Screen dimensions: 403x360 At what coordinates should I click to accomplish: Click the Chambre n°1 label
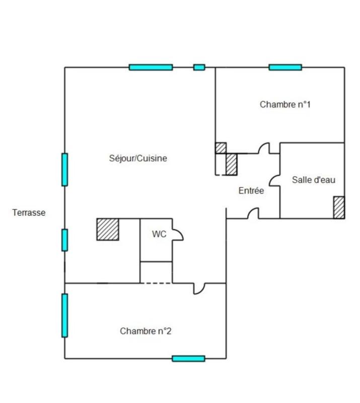(285, 105)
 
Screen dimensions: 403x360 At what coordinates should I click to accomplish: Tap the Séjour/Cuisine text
(138, 158)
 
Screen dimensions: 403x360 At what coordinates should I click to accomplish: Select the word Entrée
(251, 191)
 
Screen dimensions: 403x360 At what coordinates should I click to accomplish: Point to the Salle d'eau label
(314, 180)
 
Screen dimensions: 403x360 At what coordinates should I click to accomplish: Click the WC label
(159, 234)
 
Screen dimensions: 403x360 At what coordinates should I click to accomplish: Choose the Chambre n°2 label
(146, 331)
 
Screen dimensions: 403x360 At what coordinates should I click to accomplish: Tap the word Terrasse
(29, 213)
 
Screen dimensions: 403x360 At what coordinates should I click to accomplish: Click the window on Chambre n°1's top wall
(285, 67)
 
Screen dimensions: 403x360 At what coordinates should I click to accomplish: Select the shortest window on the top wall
(199, 67)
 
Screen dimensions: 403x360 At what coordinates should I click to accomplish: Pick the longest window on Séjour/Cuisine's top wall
(151, 67)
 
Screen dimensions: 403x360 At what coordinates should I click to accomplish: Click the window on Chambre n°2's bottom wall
(188, 358)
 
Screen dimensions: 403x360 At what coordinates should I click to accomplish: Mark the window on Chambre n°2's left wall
(64, 315)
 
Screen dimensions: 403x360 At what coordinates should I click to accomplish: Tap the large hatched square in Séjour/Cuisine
(108, 229)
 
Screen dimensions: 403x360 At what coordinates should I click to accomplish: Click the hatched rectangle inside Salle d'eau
(339, 207)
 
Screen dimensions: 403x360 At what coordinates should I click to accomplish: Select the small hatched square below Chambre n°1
(221, 148)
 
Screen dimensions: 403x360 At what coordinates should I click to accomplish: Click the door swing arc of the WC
(178, 234)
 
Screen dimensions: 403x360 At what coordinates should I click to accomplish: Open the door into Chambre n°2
(199, 288)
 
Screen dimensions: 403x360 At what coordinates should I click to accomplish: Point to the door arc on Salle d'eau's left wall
(275, 180)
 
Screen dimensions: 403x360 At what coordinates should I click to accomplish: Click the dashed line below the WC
(156, 283)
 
